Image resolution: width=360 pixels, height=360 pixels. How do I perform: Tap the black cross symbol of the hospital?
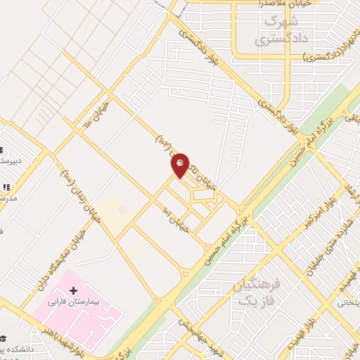[74, 290]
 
